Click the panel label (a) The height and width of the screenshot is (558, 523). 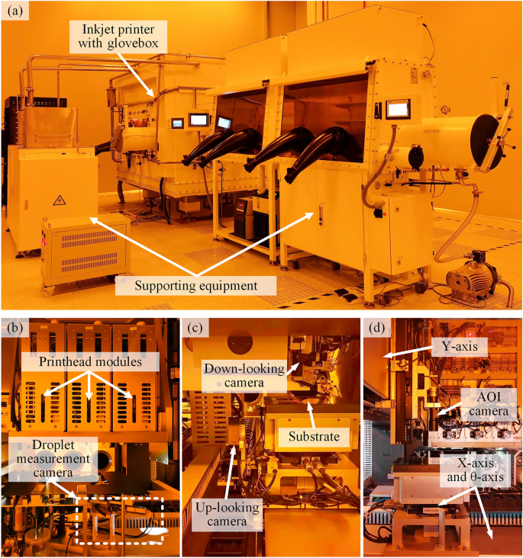click(x=15, y=11)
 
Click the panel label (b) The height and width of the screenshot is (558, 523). click(x=15, y=327)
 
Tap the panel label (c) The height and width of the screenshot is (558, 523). click(x=195, y=327)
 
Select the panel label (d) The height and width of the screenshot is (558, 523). click(x=377, y=327)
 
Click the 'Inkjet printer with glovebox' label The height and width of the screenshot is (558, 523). click(x=118, y=36)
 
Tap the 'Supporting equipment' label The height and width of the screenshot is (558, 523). click(x=195, y=285)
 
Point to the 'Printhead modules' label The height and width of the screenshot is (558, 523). click(x=90, y=361)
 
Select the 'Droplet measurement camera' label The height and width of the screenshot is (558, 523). click(x=53, y=459)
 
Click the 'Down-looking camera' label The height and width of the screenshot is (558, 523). click(x=244, y=376)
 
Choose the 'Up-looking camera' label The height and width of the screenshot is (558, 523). click(x=227, y=515)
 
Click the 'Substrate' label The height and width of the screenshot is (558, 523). click(x=314, y=436)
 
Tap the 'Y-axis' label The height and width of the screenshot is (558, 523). click(x=460, y=346)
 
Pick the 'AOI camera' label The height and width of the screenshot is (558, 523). click(x=489, y=404)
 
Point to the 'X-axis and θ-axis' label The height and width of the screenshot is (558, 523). click(x=475, y=470)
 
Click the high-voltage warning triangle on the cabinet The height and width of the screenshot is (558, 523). click(x=60, y=200)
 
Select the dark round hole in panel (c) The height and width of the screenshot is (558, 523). click(x=240, y=342)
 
